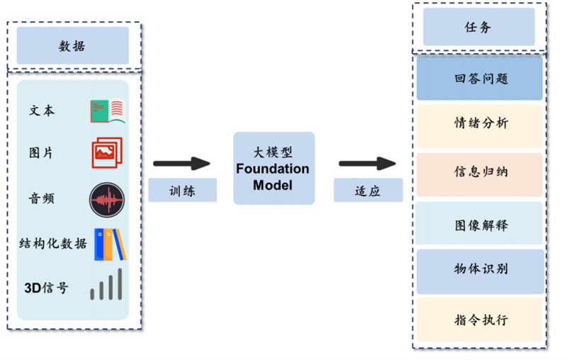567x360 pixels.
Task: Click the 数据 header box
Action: click(x=73, y=46)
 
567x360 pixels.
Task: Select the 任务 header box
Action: click(x=479, y=28)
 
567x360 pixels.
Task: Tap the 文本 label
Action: click(x=42, y=111)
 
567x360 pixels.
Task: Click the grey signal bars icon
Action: click(x=108, y=285)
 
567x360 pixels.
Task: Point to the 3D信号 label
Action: click(x=47, y=288)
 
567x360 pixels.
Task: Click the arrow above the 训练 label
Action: click(x=182, y=164)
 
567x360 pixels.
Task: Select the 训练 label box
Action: click(x=182, y=190)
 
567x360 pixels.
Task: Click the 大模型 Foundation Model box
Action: click(x=274, y=169)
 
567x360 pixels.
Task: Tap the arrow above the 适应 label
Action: click(x=367, y=164)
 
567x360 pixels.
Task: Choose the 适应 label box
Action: click(x=368, y=190)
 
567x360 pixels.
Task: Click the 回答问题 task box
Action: click(x=480, y=79)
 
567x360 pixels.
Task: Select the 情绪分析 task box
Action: click(x=480, y=124)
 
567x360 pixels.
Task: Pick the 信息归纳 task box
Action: click(x=480, y=173)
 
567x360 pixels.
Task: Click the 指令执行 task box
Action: click(x=480, y=320)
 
